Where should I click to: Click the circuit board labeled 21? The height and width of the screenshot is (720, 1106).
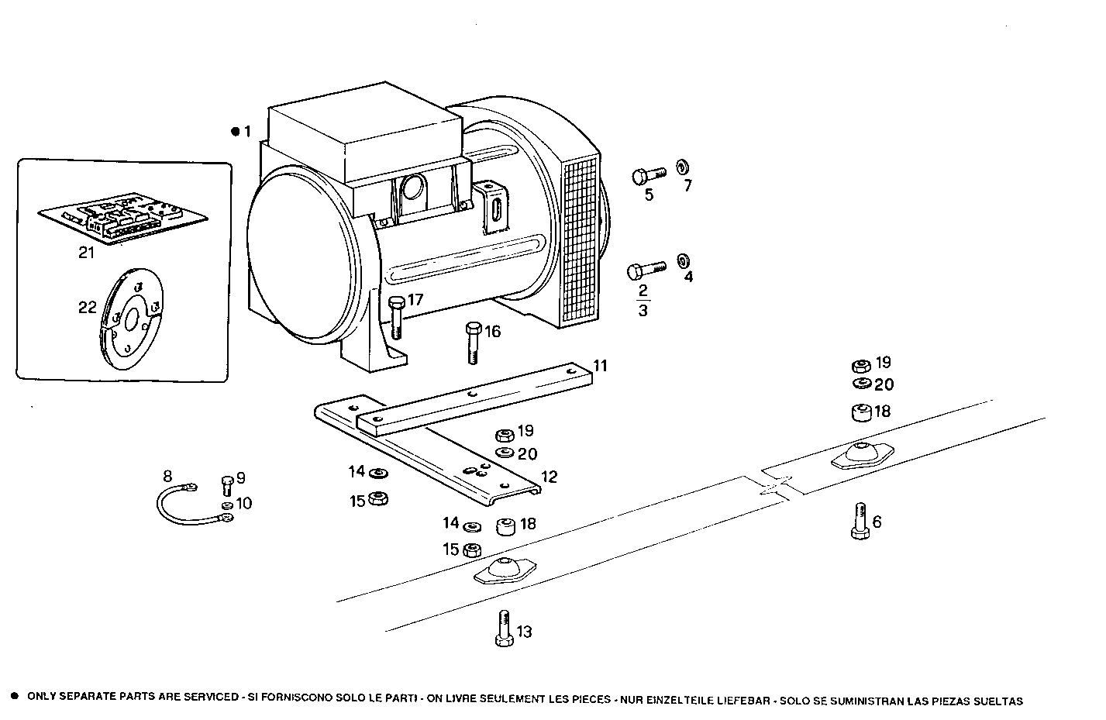tap(123, 220)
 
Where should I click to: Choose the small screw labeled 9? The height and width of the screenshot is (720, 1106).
tap(227, 484)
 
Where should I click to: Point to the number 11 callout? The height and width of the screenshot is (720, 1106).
tap(601, 365)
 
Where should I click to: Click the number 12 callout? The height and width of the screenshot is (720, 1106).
tap(549, 477)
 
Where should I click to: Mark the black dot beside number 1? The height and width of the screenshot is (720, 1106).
tap(235, 132)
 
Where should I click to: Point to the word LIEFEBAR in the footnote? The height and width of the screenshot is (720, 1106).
tap(744, 701)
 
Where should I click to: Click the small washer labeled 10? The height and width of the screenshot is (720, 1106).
tap(227, 507)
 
